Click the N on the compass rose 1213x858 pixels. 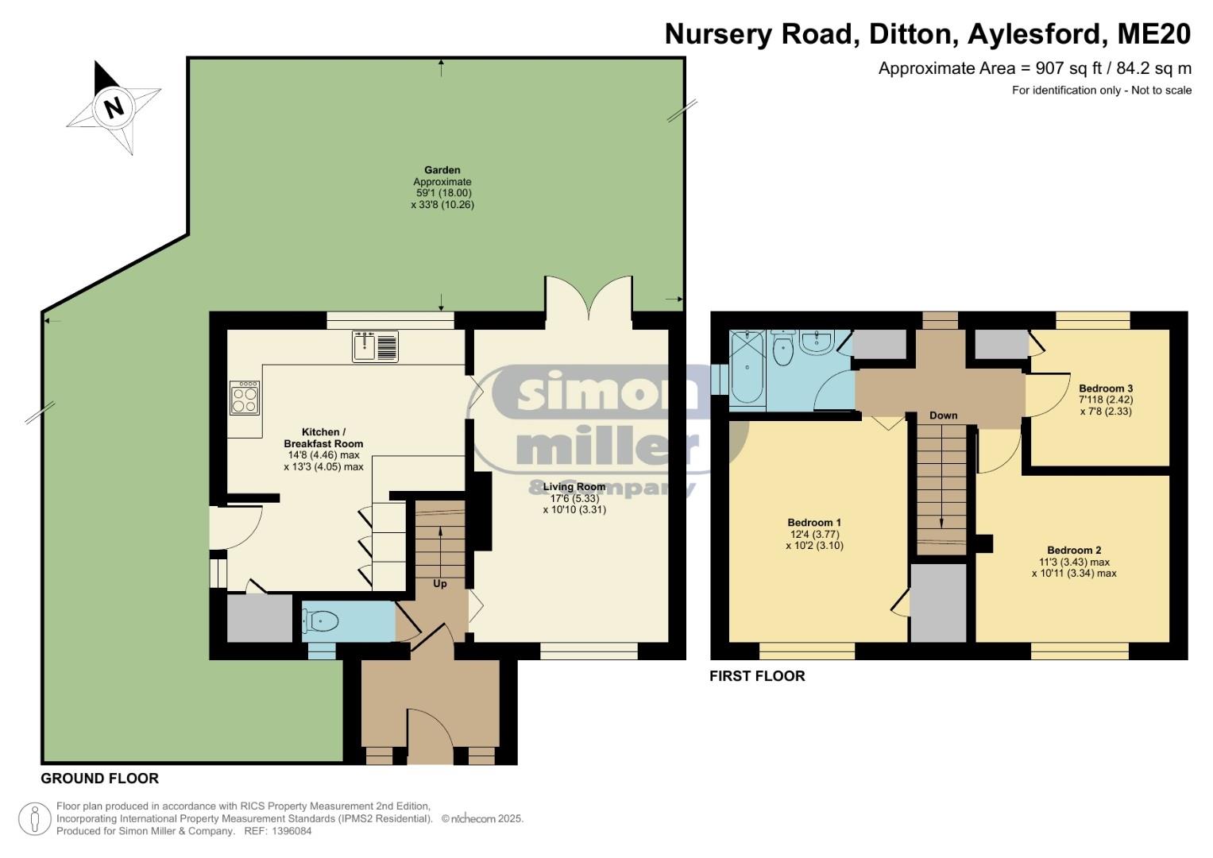pos(114,107)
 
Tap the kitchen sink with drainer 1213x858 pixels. pos(375,346)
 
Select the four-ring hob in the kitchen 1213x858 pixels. pos(244,398)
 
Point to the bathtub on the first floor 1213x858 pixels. pos(748,368)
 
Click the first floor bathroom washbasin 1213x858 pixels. pos(816,342)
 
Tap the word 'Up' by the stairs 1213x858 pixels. pos(440,583)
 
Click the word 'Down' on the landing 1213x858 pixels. pos(944,415)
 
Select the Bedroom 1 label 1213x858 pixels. pos(814,523)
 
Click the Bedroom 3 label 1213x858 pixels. pos(1106,388)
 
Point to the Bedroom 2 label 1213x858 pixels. pos(1074,551)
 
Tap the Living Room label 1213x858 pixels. pos(574,486)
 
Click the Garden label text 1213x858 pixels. pos(442,170)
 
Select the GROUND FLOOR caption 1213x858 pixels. pos(99,779)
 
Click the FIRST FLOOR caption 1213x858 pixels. pos(757,676)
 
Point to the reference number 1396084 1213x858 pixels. pos(291,831)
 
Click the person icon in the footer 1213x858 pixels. pos(35,818)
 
